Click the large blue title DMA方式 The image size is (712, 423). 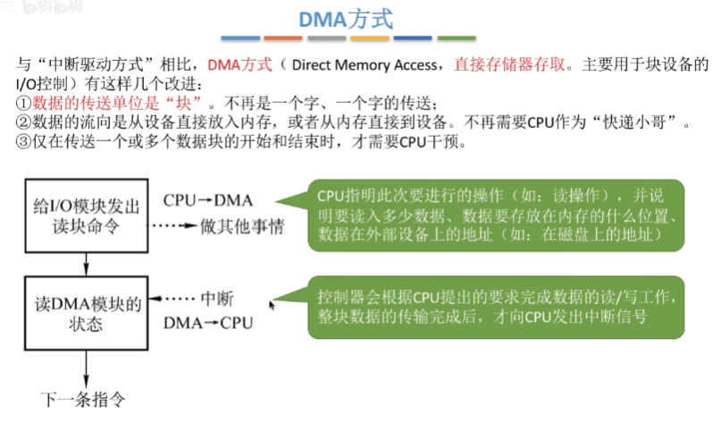[x=356, y=19]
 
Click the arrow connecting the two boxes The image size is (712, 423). [x=86, y=262]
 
